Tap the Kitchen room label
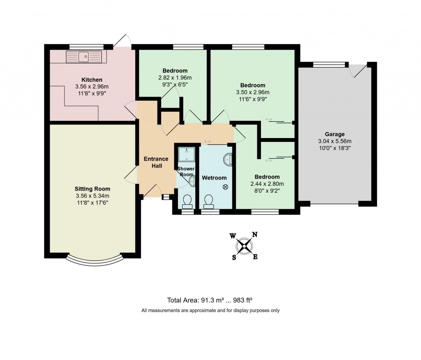(92, 80)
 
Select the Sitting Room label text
(92, 189)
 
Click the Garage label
(335, 134)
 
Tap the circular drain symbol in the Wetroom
(225, 187)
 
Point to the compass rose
(244, 246)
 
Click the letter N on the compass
(254, 235)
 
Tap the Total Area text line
(212, 300)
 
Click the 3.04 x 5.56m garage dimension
(335, 141)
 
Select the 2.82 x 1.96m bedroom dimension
(175, 78)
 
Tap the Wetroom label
(214, 178)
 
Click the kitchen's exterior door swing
(122, 40)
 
